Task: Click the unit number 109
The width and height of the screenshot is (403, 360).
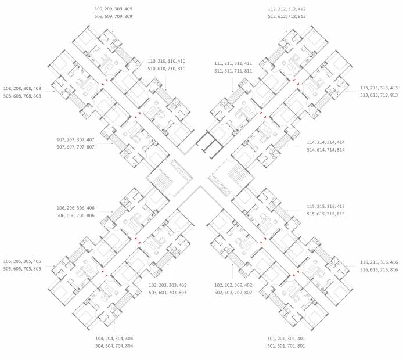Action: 99,9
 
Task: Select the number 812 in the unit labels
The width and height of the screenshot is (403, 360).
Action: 300,16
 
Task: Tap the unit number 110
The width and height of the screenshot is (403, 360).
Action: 152,61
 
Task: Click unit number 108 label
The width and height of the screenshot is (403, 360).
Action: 8,88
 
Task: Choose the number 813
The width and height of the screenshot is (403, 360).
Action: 393,95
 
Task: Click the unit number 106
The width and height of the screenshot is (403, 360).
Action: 61,208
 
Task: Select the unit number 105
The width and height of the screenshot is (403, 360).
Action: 8,261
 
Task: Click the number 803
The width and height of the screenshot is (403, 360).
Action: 181,292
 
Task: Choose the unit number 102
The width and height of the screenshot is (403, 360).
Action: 219,285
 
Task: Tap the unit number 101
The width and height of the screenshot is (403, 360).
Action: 272,338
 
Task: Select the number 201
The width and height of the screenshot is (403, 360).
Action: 285,338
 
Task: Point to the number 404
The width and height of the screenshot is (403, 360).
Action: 128,338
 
